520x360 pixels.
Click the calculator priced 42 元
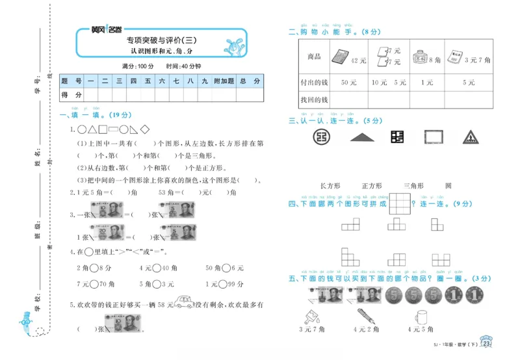click(339, 56)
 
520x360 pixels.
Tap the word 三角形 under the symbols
click(413, 185)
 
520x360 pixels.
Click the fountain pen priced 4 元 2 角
click(366, 316)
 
